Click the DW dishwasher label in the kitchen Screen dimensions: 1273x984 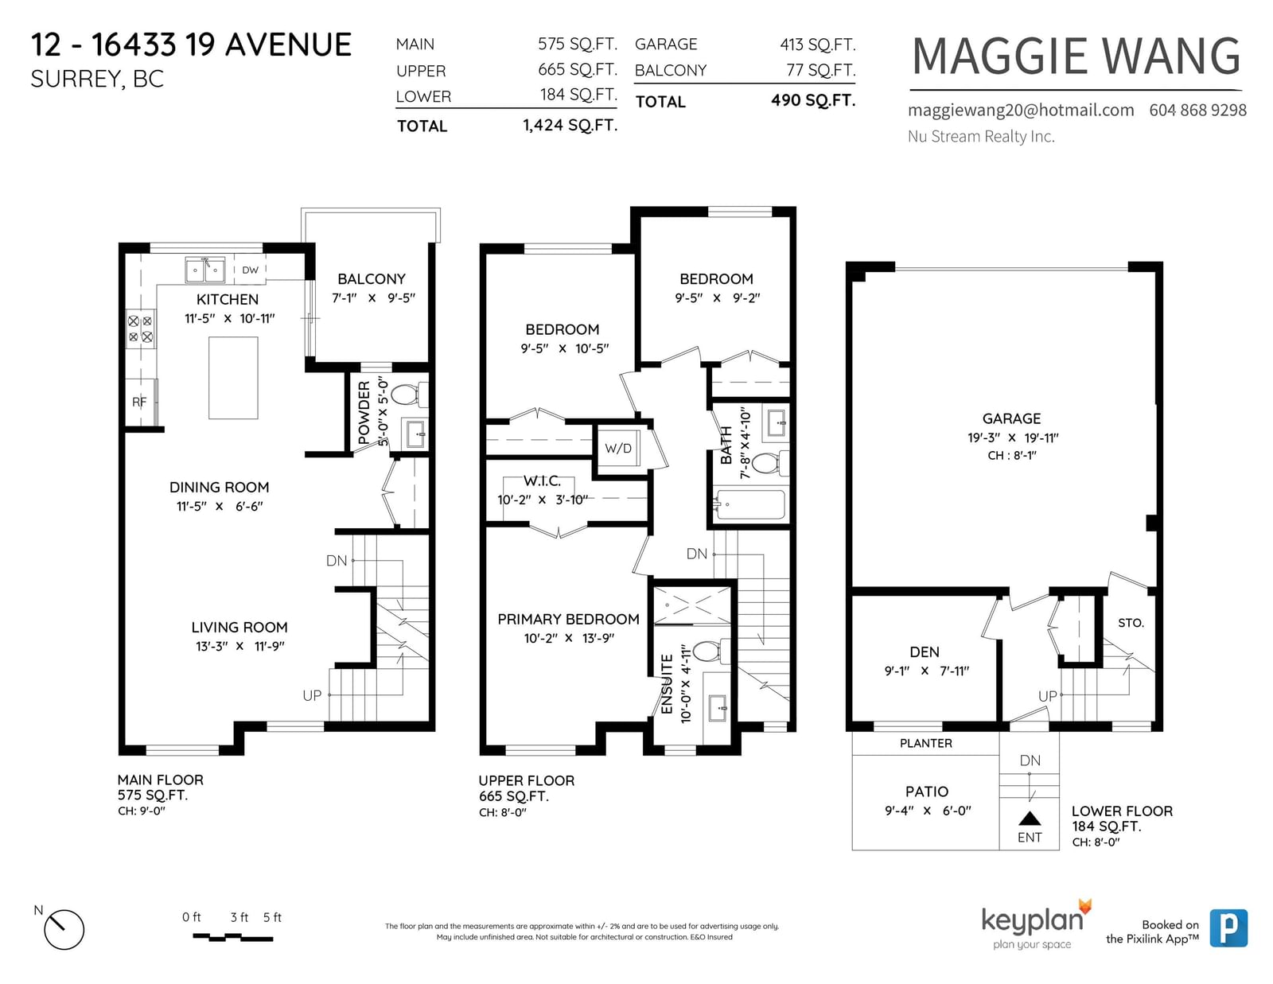250,270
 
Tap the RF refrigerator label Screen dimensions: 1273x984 139,402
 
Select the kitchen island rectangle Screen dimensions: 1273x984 233,378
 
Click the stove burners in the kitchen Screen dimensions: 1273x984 141,329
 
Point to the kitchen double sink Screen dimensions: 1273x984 205,270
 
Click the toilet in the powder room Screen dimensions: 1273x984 409,395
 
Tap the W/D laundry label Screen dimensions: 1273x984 618,448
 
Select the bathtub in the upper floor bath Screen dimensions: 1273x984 749,504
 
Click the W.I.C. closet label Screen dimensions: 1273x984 542,481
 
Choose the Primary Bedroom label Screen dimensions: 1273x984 568,619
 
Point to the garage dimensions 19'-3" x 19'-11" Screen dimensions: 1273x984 1012,438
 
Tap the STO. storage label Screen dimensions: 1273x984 1131,623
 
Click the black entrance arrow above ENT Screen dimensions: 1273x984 1030,819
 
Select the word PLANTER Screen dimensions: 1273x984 925,743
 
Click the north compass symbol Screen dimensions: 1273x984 64,930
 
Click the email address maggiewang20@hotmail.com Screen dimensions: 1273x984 1021,110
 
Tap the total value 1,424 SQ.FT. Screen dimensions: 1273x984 570,125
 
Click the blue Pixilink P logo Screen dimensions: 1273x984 1228,928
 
